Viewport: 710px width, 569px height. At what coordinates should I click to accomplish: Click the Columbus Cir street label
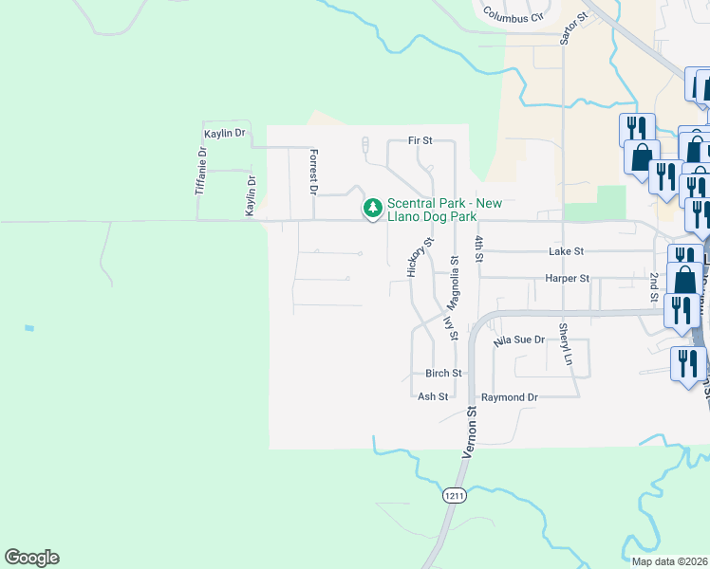point(512,15)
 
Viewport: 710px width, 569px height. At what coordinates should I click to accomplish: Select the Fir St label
point(420,140)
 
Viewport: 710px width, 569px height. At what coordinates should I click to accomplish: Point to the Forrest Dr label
point(313,171)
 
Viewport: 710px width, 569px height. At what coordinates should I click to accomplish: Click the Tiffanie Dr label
point(201,172)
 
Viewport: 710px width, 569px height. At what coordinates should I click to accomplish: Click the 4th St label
point(480,248)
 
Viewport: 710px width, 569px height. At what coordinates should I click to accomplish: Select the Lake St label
point(566,251)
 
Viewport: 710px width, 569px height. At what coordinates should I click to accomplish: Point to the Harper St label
point(568,279)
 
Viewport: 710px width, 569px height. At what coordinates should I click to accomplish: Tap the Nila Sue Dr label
point(519,339)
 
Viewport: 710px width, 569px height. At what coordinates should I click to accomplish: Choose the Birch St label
point(443,374)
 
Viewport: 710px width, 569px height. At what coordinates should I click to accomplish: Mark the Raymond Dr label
point(510,397)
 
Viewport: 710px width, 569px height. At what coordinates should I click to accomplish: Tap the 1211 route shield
point(454,494)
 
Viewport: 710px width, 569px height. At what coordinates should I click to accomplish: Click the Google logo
point(31,558)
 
